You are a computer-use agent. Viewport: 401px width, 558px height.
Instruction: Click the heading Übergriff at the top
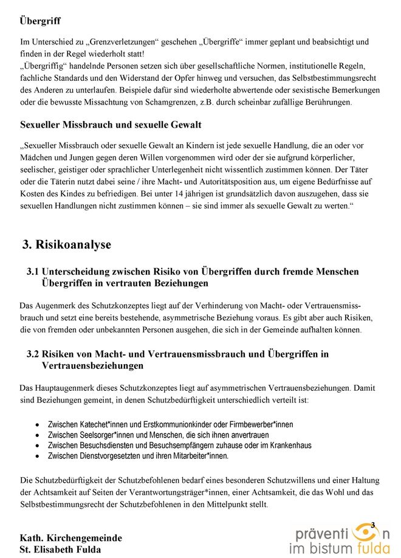[x=40, y=21]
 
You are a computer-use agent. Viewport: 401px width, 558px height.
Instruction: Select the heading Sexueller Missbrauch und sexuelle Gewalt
[x=111, y=125]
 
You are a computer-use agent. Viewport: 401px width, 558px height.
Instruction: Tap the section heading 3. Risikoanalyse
[x=67, y=245]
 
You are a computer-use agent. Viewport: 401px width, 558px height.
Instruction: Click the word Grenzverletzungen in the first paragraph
[x=124, y=42]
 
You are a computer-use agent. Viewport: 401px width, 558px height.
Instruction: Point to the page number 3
[x=372, y=525]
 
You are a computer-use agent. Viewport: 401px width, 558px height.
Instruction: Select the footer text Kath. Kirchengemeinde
[x=71, y=538]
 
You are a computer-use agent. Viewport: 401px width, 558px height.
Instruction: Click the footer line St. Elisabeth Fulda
[x=61, y=549]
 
